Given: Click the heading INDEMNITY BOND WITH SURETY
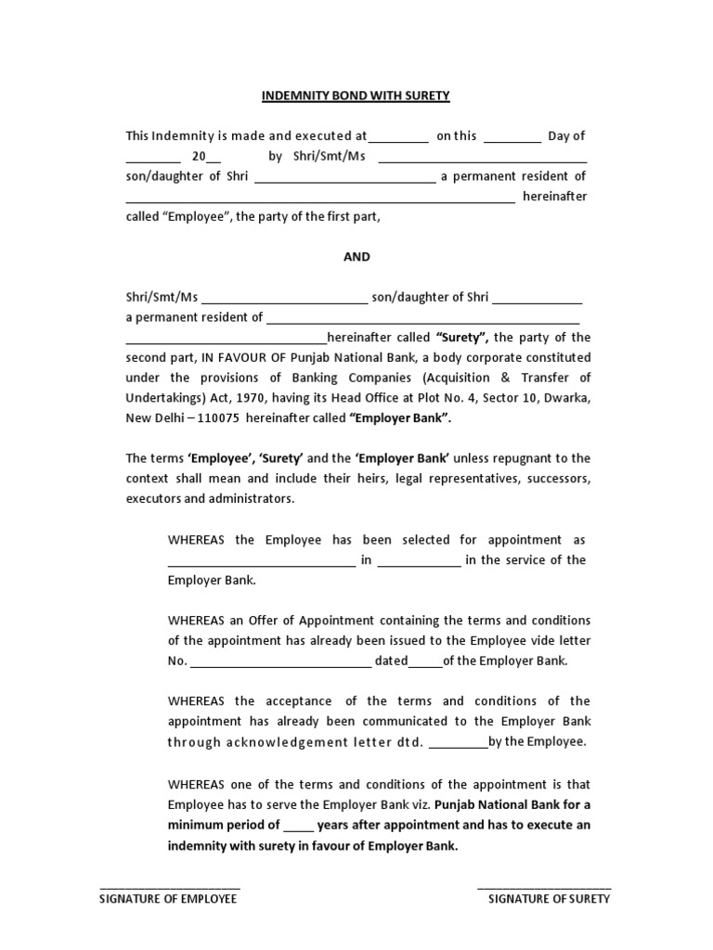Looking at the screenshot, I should coord(356,96).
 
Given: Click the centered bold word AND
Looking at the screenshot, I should coord(356,257).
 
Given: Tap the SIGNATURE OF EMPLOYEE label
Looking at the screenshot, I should coord(169,899).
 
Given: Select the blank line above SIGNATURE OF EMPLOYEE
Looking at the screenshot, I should coord(169,887).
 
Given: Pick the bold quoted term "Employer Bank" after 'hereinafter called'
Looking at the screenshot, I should coord(400,418).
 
